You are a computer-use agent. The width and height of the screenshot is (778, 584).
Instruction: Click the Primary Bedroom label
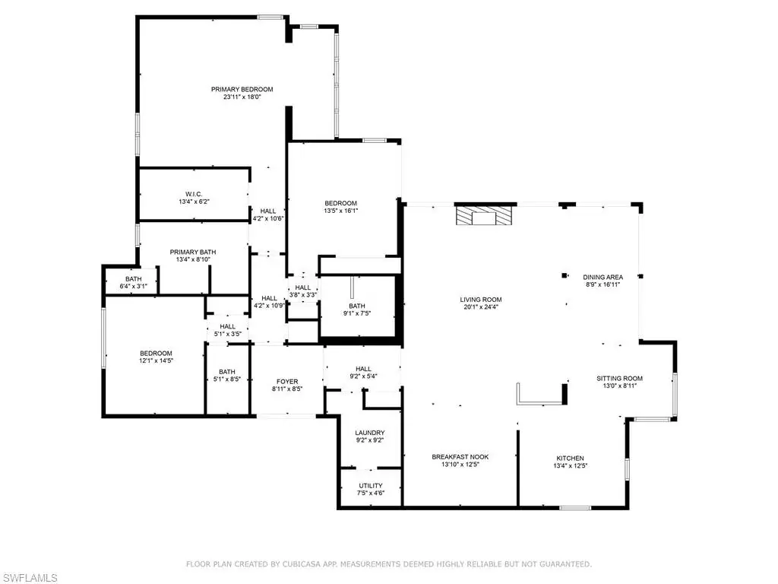[x=242, y=90]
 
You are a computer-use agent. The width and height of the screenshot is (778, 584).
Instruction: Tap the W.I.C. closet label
[x=194, y=194]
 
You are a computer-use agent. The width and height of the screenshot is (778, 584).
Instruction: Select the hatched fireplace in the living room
[x=484, y=216]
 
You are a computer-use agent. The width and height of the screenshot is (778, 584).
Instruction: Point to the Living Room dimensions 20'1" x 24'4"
[x=481, y=307]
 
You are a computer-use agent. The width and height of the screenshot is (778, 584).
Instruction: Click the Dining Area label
[x=602, y=277]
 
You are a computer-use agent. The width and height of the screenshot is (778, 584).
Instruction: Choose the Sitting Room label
[x=620, y=379]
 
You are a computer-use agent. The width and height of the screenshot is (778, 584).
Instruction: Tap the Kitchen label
[x=570, y=459]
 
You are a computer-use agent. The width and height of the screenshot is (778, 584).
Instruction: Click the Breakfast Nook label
[x=460, y=457]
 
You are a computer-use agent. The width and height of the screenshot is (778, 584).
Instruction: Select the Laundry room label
[x=370, y=433]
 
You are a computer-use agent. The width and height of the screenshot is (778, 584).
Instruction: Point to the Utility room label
[x=371, y=486]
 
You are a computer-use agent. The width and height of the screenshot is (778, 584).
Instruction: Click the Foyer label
[x=287, y=382]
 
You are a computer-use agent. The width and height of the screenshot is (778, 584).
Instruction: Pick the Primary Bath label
[x=193, y=252]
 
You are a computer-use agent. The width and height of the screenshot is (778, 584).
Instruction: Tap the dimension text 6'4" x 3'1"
[x=134, y=287]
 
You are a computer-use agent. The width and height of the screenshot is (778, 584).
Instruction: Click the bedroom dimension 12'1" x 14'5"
[x=156, y=361]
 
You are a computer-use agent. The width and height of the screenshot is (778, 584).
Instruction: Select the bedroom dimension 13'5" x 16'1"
[x=341, y=211]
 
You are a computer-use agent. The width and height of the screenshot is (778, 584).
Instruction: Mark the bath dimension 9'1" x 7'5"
[x=357, y=313]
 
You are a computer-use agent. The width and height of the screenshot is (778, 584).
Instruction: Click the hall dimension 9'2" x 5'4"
[x=363, y=376]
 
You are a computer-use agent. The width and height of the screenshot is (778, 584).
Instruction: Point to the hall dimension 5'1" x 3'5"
[x=228, y=335]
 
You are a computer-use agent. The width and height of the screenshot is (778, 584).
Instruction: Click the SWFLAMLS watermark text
[x=29, y=578]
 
